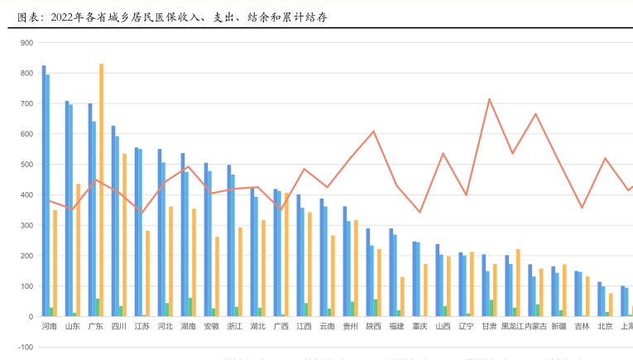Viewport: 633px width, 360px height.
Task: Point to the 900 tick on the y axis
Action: [26, 43]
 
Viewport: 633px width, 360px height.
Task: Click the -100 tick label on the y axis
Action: [25, 348]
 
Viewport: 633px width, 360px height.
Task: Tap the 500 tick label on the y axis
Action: [26, 165]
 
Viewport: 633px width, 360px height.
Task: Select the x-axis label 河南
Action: [50, 327]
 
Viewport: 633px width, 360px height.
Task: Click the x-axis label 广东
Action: [96, 327]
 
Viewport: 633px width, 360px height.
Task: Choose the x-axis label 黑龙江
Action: [513, 327]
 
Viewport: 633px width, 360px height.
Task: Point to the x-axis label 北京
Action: [605, 327]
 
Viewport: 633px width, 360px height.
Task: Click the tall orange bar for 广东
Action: [102, 190]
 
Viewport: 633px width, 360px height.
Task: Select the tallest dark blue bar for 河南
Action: [44, 190]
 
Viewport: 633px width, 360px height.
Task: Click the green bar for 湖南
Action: [189, 308]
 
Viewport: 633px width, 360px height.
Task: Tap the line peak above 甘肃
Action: [489, 99]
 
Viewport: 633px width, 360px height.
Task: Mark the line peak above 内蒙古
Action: [535, 114]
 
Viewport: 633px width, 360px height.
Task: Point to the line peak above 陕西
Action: [373, 132]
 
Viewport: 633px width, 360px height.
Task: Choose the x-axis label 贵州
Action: [350, 327]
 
